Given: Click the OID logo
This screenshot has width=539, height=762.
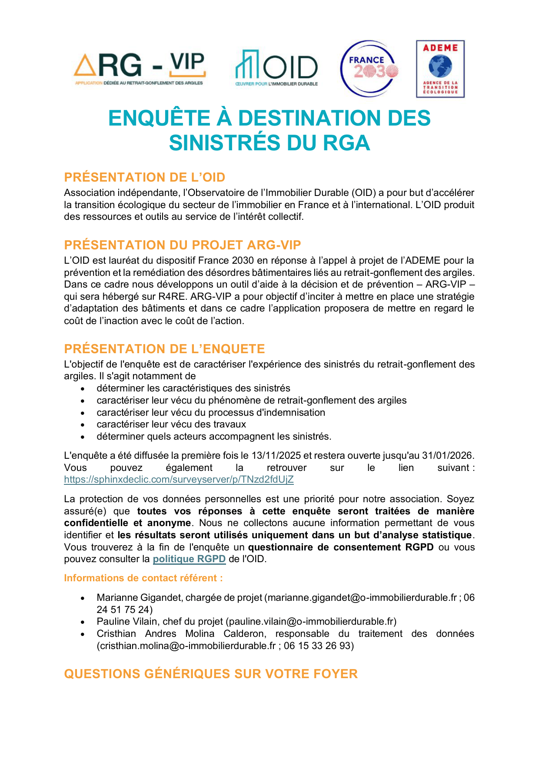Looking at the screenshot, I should click(x=276, y=69).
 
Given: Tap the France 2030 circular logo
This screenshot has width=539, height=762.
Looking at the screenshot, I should click(x=369, y=69).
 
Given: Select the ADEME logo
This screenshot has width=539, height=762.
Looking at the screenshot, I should click(x=440, y=69).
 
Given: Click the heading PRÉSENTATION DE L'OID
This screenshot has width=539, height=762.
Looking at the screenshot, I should click(x=145, y=177).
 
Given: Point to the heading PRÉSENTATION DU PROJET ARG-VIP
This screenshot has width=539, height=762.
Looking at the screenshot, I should click(x=183, y=245).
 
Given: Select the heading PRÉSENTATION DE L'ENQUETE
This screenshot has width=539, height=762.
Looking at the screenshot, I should click(x=164, y=349).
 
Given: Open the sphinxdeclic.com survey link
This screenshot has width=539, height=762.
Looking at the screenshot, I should click(x=179, y=480).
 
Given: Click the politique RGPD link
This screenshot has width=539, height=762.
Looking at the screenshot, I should click(x=189, y=559).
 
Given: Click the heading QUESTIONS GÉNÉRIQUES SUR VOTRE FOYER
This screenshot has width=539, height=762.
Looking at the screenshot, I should click(x=211, y=674).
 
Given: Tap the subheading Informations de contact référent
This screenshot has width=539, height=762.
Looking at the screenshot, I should click(x=143, y=578).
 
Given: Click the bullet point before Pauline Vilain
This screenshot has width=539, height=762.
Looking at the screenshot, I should click(x=83, y=622).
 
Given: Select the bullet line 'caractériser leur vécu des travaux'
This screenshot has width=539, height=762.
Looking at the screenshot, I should click(x=171, y=424).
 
